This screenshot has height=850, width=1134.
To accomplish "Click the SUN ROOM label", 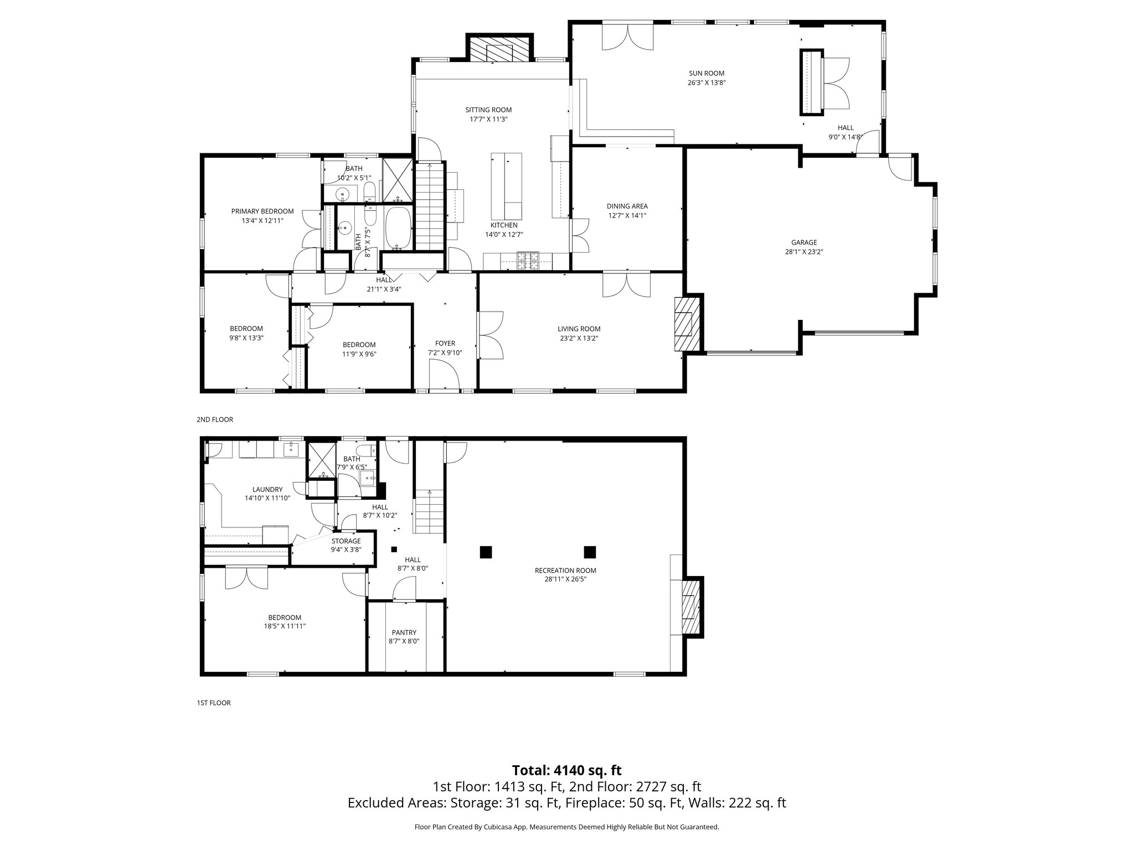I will point(706,73).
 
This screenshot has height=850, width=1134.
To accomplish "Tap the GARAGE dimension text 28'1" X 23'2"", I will point(803,251).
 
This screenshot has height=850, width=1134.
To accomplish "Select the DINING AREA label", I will point(627,206).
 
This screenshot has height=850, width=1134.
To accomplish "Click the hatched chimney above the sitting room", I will point(499,49).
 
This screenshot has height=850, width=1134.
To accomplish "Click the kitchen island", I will point(506,186).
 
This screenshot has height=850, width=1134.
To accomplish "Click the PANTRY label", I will point(404,633).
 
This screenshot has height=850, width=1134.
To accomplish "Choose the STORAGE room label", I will point(346,541).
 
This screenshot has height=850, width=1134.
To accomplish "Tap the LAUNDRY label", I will point(267,489).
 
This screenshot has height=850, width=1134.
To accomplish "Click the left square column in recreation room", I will point(486,552).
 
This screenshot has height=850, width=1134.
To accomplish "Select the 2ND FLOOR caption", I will point(215,419).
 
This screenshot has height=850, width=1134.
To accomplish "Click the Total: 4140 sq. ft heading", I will point(566,770).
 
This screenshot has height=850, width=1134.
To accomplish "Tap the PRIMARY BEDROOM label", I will point(262,211).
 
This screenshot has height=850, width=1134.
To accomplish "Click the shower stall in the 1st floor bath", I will point(321,460).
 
